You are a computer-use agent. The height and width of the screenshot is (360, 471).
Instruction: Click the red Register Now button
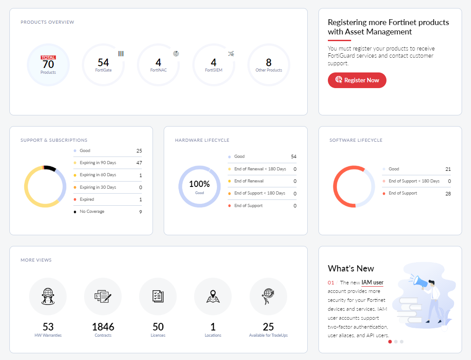click(x=357, y=80)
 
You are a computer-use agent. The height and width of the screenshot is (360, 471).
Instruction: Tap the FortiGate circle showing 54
click(x=103, y=64)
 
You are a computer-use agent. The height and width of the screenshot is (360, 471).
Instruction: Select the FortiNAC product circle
click(x=158, y=64)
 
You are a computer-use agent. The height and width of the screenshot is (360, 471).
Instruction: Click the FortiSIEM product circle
click(x=214, y=64)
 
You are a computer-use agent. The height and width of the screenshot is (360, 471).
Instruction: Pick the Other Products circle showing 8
click(x=269, y=64)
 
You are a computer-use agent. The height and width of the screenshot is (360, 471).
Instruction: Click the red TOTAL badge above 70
click(x=48, y=58)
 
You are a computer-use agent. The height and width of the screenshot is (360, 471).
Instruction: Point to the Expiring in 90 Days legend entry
click(x=98, y=163)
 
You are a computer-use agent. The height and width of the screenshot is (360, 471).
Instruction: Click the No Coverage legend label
click(x=92, y=212)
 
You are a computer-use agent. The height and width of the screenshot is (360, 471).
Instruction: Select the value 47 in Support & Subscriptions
click(x=139, y=163)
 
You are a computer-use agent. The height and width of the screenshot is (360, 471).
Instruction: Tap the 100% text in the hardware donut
click(x=199, y=184)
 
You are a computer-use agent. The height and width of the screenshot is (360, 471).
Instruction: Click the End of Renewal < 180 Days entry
click(x=260, y=169)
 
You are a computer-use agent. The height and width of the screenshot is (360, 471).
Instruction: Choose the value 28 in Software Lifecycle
click(x=448, y=194)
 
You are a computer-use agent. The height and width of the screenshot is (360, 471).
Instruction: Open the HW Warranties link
click(x=48, y=335)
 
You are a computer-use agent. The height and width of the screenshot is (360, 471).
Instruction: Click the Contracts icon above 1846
click(x=103, y=296)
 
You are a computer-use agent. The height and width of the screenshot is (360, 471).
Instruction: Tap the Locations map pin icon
click(x=213, y=296)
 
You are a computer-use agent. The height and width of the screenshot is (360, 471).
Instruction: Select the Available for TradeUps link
click(x=268, y=335)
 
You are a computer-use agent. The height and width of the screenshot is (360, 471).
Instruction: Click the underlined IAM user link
click(x=372, y=283)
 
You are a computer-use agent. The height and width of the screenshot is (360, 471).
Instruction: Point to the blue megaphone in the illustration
click(x=420, y=281)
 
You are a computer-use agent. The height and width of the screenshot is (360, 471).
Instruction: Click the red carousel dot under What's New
click(x=390, y=342)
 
